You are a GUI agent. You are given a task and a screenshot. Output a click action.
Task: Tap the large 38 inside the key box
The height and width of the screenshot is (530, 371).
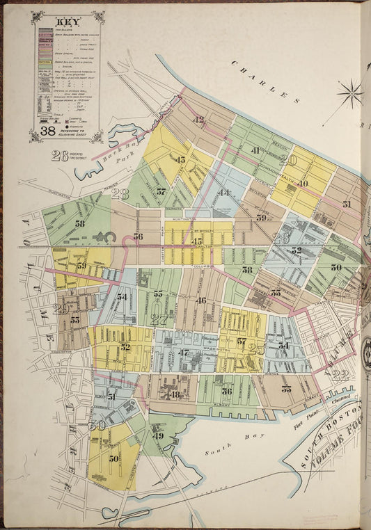click(47, 129)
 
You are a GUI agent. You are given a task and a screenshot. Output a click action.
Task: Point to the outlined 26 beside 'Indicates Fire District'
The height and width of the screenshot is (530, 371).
click(60, 156)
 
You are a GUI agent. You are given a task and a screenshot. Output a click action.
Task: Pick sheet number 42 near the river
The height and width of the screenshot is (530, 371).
click(200, 120)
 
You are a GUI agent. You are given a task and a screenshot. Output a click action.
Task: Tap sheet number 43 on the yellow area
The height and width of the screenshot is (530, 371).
click(181, 160)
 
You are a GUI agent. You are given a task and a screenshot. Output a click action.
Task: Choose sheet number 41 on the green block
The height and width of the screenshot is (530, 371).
click(255, 150)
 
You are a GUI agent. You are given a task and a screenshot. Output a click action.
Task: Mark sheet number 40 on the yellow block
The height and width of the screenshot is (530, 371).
click(303, 184)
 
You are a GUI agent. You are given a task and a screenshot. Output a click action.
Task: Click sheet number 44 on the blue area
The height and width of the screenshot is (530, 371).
click(224, 193)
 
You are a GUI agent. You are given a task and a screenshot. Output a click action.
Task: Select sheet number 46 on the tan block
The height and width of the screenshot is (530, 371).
click(202, 300)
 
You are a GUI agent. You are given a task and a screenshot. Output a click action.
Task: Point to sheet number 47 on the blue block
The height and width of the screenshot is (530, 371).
click(184, 353)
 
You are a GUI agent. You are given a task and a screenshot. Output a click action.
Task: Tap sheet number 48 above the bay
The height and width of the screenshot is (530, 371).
click(175, 394)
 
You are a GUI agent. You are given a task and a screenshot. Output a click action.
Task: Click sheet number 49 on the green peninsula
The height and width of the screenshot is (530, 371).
click(158, 436)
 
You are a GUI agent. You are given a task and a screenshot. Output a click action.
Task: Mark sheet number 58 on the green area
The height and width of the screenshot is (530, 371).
click(80, 224)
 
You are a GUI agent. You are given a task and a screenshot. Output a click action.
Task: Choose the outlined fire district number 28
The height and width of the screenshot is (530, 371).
click(120, 194)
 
